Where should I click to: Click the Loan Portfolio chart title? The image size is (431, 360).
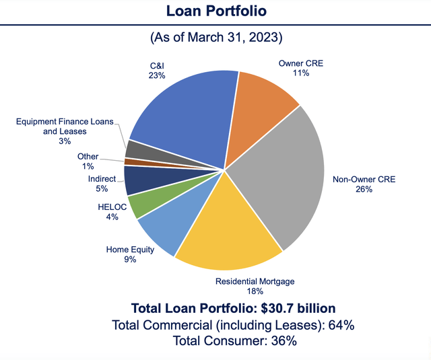pos(215,11)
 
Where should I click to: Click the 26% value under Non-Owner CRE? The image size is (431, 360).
pos(364,190)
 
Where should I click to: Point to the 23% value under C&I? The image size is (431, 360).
pos(159,76)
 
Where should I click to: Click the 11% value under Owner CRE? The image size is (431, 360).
pos(301,72)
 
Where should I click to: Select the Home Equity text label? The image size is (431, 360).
pos(130,250)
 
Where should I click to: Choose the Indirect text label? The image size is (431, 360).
pos(102,178)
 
